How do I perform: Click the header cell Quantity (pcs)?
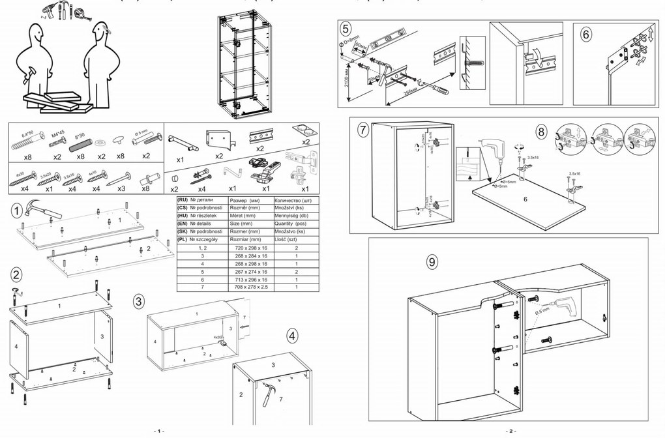[x=296, y=222]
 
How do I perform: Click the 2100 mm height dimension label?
[x=346, y=78]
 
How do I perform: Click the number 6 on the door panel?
[x=525, y=199]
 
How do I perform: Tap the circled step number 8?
[x=541, y=130]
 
